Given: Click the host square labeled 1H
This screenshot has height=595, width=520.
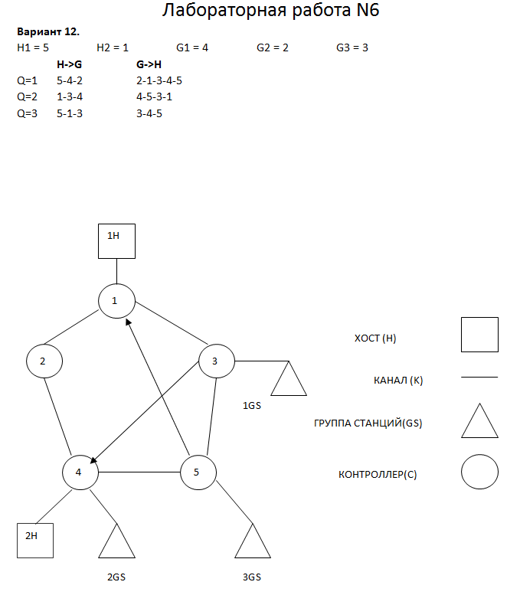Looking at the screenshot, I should [x=116, y=240].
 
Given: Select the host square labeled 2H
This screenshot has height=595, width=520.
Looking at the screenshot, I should [x=34, y=539].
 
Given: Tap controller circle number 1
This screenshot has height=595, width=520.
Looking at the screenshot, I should [x=116, y=300].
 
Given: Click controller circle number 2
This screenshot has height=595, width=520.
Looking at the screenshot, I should [x=44, y=361].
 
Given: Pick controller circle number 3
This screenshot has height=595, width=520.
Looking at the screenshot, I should [x=217, y=361].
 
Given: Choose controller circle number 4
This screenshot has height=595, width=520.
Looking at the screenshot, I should [x=80, y=472].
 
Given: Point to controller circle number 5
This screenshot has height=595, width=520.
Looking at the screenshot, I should [x=198, y=472].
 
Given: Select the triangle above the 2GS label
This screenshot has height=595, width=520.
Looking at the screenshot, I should [x=117, y=544].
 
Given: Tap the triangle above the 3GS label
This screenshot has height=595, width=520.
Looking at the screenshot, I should [x=253, y=544].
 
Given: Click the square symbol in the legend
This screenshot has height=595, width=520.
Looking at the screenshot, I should [x=479, y=335].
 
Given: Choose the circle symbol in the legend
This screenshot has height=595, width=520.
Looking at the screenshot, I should [x=479, y=472].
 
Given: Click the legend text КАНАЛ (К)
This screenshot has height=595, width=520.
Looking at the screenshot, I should [x=397, y=380].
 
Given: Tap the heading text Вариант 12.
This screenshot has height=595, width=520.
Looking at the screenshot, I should [x=47, y=33].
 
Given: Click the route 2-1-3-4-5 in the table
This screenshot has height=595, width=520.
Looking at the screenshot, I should [x=159, y=80].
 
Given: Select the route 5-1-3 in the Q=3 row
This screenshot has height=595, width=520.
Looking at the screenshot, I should [x=70, y=113].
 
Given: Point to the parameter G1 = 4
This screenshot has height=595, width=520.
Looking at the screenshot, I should [x=192, y=47].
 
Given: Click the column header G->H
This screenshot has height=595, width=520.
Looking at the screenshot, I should [x=149, y=65].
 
